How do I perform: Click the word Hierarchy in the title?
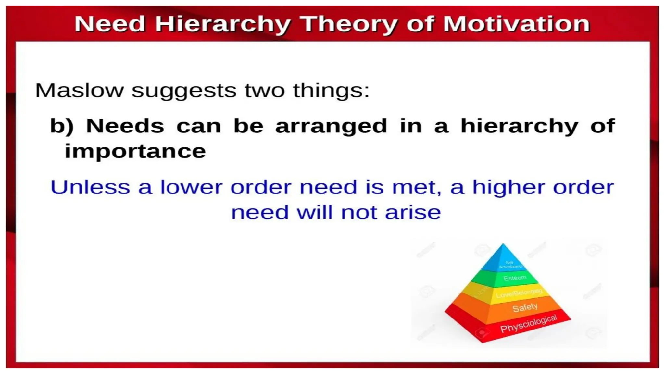[222, 24]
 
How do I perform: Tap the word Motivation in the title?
[516, 24]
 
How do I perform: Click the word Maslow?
[80, 90]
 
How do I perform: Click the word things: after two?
[331, 90]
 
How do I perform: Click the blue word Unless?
[90, 187]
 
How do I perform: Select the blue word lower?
[192, 187]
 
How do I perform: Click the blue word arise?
[413, 213]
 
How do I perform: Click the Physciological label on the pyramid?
[528, 324]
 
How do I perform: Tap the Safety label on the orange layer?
[525, 307]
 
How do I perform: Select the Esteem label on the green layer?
[515, 278]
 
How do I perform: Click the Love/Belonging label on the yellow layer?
[519, 293]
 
